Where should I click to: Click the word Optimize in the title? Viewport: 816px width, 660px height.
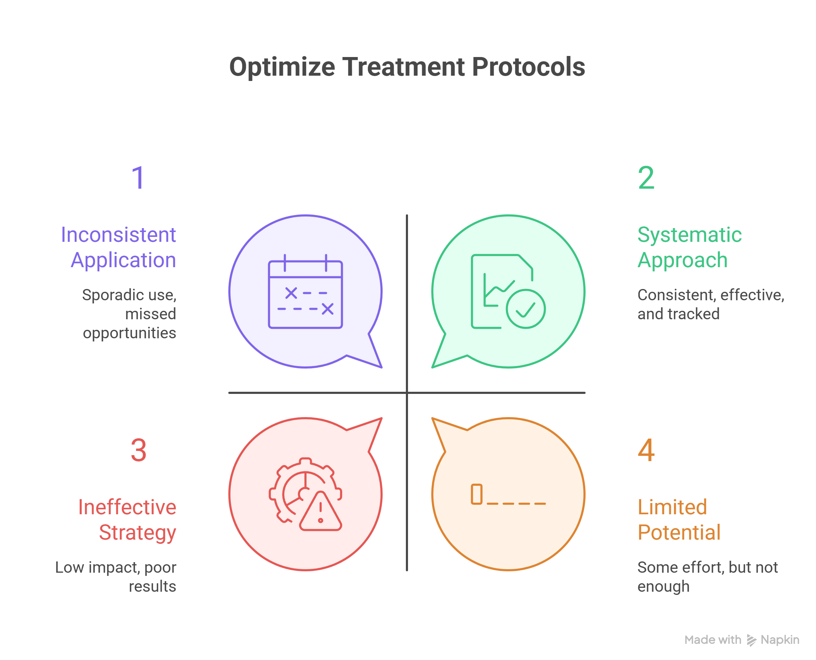[282, 67]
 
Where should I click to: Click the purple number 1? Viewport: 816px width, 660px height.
[138, 177]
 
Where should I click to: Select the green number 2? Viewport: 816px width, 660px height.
[646, 177]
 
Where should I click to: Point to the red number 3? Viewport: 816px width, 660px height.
[138, 450]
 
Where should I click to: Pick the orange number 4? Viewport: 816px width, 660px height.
[646, 450]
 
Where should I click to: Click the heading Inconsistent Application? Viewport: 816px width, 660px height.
[119, 247]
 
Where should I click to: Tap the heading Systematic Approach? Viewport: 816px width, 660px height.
[689, 247]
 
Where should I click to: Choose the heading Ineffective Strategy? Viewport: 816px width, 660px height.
[127, 519]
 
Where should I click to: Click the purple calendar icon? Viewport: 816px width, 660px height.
[305, 291]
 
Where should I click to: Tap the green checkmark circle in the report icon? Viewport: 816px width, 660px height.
[526, 309]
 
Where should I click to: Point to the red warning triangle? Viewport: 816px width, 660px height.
[321, 512]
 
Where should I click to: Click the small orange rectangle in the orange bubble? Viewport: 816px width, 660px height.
[476, 494]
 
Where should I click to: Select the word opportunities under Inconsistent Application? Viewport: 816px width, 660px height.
[129, 333]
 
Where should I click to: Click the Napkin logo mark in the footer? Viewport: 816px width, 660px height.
[751, 640]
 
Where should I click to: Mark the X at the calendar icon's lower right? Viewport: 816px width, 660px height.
[327, 309]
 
